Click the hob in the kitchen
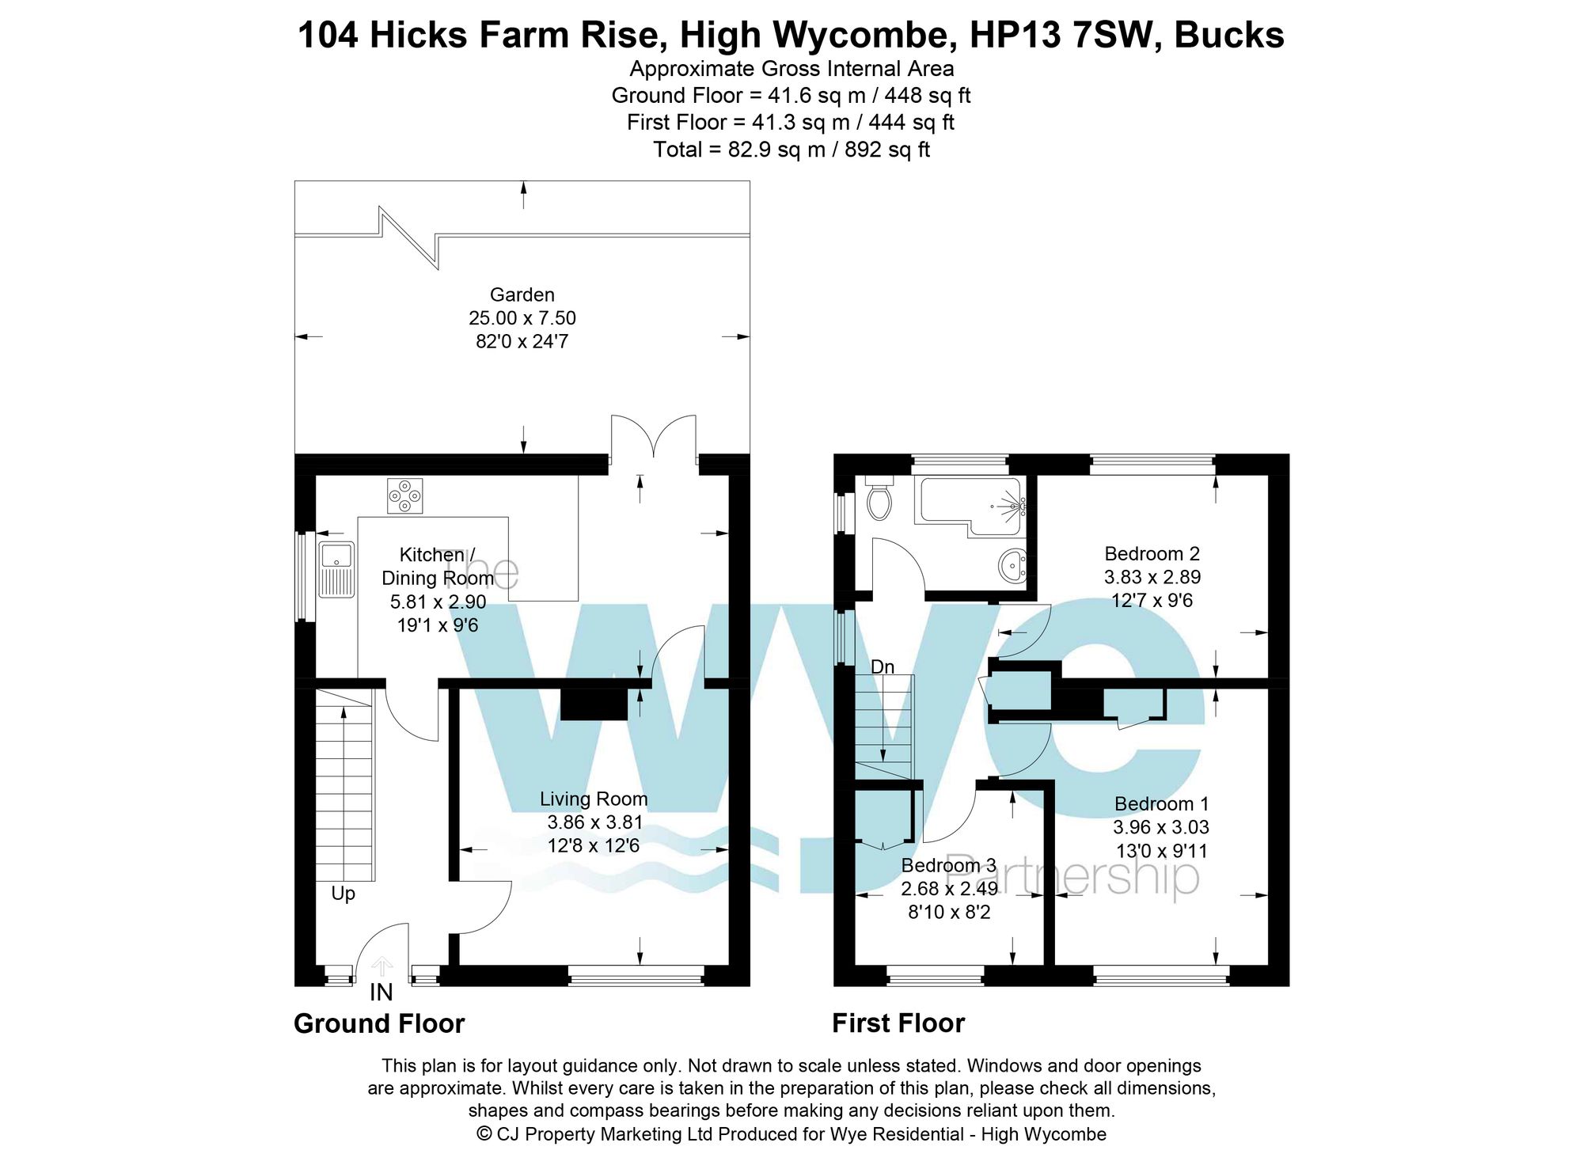(404, 495)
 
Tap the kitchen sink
(336, 569)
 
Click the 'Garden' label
(522, 295)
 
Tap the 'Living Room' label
(594, 799)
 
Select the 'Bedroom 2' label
(1152, 554)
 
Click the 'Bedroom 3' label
(948, 865)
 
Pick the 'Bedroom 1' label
(1161, 804)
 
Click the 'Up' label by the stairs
(343, 894)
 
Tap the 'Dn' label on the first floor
(882, 667)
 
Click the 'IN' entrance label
(381, 993)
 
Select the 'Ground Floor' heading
(379, 1024)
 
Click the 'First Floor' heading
(898, 1024)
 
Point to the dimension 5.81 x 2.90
(438, 602)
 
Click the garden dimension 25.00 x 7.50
(522, 318)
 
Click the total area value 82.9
(750, 150)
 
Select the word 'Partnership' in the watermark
(1072, 876)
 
